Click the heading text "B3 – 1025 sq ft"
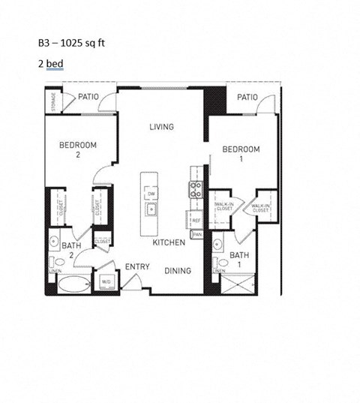72,44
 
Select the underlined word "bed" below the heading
55,64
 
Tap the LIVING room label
160,127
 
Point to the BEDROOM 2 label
78,150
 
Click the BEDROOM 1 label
241,155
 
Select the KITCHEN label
169,244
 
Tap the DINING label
177,271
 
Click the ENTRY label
136,267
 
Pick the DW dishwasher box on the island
150,194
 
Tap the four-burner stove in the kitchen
195,190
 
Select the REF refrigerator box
195,221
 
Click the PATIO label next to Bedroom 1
247,98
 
